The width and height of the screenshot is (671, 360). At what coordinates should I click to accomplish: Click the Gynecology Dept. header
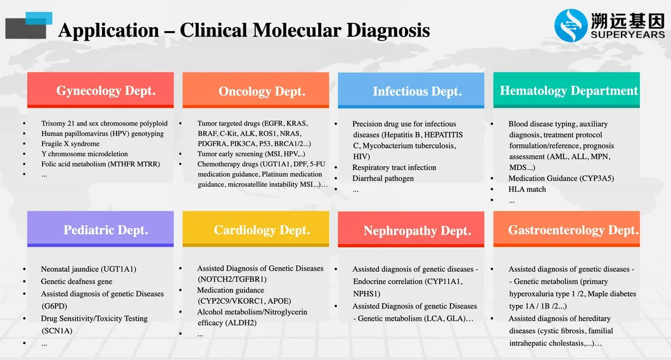click(x=100, y=90)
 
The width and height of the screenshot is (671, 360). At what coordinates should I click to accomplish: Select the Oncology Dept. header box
click(x=255, y=91)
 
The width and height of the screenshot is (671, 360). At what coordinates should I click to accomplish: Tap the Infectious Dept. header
click(x=411, y=91)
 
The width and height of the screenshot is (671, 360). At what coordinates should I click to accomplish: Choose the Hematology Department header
click(x=566, y=90)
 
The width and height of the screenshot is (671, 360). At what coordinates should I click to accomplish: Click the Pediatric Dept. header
click(x=100, y=229)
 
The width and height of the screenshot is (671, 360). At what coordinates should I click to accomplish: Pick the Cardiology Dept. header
click(x=255, y=229)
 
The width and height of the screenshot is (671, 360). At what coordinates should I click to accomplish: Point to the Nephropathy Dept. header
click(x=411, y=230)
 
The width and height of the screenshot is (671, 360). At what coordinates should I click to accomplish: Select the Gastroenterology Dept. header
click(x=566, y=229)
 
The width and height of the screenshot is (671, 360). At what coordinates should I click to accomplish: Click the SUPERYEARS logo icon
click(x=571, y=25)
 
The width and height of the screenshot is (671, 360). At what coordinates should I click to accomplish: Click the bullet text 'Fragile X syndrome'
click(x=70, y=144)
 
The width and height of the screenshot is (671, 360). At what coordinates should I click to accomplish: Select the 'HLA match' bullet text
click(x=527, y=190)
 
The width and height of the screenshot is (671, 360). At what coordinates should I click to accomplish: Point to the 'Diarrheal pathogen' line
click(x=383, y=179)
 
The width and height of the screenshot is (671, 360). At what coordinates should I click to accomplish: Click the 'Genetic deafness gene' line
click(x=77, y=281)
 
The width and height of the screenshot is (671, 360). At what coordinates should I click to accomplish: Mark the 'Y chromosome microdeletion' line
click(x=84, y=154)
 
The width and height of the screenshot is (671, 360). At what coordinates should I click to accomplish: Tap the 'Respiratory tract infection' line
click(x=394, y=168)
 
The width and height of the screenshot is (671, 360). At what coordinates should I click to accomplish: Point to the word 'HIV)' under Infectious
click(x=362, y=157)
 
